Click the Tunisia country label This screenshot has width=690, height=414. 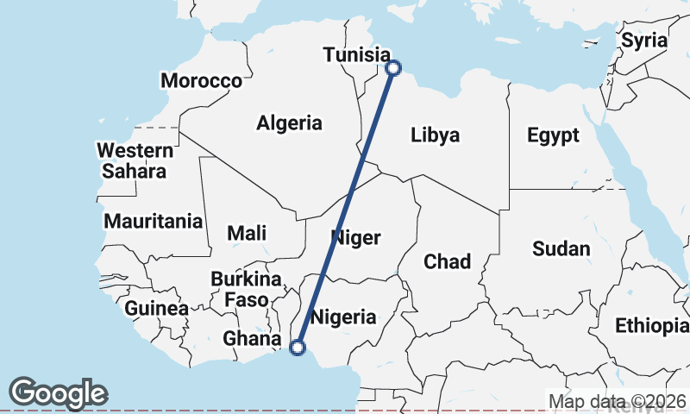click(355, 55)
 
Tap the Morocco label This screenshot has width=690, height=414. click(201, 81)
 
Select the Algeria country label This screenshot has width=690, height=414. click(289, 123)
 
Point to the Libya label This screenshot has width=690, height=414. click(435, 135)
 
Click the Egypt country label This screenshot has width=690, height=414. click(553, 135)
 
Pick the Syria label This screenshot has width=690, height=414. click(644, 40)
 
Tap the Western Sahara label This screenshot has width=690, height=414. click(134, 160)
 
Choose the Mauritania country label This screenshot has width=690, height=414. click(154, 222)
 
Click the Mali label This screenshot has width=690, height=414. click(247, 233)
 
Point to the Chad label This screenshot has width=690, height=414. click(447, 261)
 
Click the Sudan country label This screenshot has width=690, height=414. click(561, 249)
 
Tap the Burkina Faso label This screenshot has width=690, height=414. click(247, 289)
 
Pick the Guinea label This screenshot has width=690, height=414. click(156, 308)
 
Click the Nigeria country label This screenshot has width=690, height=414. click(343, 317)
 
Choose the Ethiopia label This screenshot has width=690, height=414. click(651, 325)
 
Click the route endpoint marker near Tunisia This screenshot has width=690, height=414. click(392, 67)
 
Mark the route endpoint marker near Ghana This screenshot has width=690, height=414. click(298, 348)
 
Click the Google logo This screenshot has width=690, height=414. click(58, 392)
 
